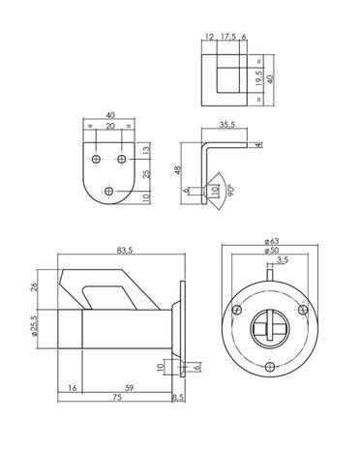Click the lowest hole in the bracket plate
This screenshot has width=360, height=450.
(x=107, y=192)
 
